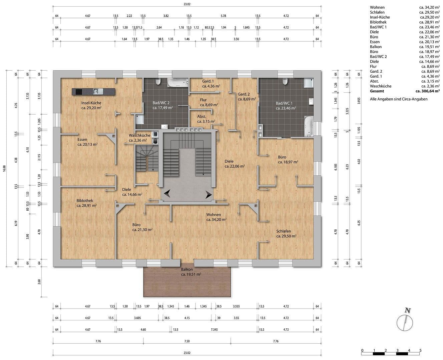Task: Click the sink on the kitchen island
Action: [x=96, y=91]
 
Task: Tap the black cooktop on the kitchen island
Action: [x=79, y=91]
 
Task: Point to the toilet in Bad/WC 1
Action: [x=285, y=82]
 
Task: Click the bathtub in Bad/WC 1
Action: [x=308, y=126]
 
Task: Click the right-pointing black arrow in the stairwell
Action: [x=208, y=194]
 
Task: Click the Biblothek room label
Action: [x=85, y=201]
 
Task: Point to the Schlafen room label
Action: [x=284, y=231]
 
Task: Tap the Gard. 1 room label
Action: [x=208, y=81]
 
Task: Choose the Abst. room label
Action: [x=202, y=117]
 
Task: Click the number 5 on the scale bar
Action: [x=420, y=350]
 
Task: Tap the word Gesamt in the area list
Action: [x=377, y=91]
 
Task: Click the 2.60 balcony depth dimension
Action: [x=39, y=282]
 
